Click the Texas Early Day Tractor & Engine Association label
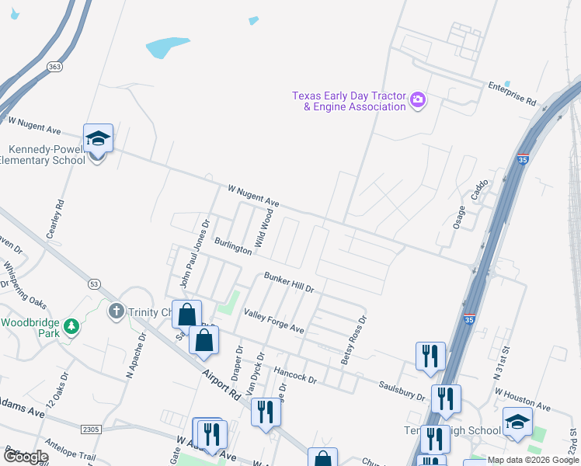[349, 101]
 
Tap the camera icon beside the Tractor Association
[418, 99]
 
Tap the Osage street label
[461, 214]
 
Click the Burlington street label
[234, 246]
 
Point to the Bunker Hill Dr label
[288, 282]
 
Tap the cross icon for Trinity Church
[117, 311]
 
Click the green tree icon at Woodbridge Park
[72, 325]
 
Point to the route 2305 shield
[91, 429]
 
